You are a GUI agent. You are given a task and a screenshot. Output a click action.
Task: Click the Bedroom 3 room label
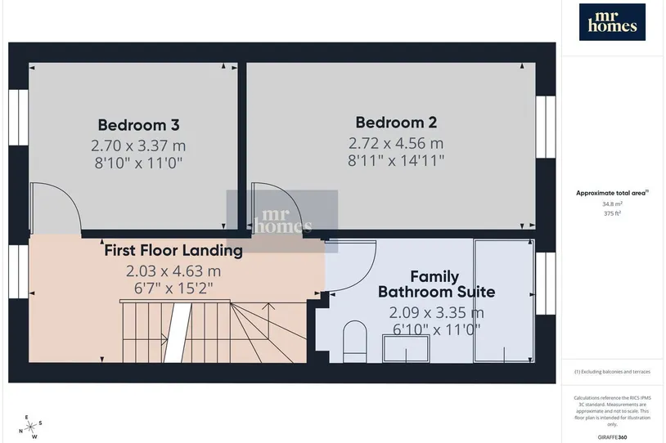pyautogui.click(x=138, y=125)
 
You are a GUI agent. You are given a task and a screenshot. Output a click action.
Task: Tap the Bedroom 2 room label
pyautogui.click(x=396, y=123)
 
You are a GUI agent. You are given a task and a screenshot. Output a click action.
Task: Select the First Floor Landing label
pyautogui.click(x=173, y=250)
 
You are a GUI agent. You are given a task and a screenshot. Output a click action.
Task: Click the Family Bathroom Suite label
pyautogui.click(x=436, y=284)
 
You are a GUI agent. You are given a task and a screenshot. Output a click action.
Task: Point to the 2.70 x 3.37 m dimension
pyautogui.click(x=138, y=145)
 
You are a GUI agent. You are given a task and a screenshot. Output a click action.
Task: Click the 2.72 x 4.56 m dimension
pyautogui.click(x=396, y=143)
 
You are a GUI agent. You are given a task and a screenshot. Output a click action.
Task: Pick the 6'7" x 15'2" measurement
pyautogui.click(x=173, y=289)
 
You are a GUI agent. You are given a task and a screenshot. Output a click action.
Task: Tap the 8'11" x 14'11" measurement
pyautogui.click(x=396, y=160)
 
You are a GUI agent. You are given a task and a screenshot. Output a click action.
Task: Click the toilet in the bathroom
pyautogui.click(x=354, y=342)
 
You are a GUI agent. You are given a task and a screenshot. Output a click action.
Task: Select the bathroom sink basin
pyautogui.click(x=406, y=348)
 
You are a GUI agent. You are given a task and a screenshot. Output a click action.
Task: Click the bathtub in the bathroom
pyautogui.click(x=504, y=301)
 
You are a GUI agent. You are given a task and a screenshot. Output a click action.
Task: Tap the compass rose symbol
pyautogui.click(x=31, y=427)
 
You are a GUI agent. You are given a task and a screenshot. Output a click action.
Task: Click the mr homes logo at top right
pyautogui.click(x=612, y=22)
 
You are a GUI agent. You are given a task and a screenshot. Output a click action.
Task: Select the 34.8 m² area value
pyautogui.click(x=612, y=204)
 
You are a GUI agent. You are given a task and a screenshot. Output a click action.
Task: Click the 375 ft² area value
pyautogui.click(x=612, y=213)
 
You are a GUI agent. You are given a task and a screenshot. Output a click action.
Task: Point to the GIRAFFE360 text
pyautogui.click(x=612, y=437)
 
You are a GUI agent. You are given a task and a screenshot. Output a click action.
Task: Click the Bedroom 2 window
pyautogui.click(x=546, y=127)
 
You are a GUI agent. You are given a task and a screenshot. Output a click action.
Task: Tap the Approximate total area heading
pyautogui.click(x=612, y=193)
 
